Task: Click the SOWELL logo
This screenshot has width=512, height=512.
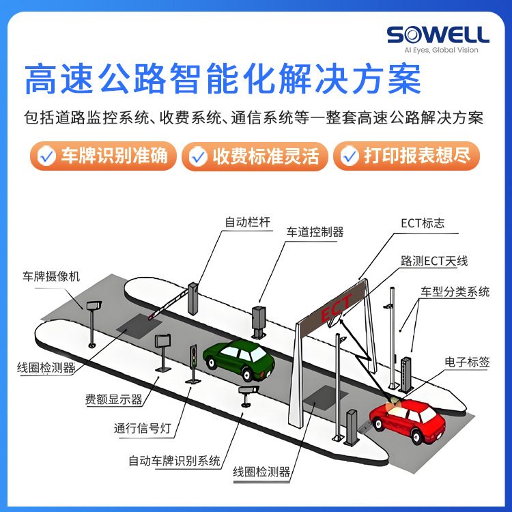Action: (438, 34)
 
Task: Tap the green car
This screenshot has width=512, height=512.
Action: (240, 360)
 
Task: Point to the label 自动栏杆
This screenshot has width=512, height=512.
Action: (248, 222)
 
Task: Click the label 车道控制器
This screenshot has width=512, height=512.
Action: (315, 232)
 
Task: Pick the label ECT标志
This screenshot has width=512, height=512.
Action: (423, 223)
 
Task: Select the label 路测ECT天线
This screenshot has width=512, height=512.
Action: (434, 261)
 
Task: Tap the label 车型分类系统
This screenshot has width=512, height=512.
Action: (455, 291)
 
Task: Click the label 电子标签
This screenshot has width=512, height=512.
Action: (467, 362)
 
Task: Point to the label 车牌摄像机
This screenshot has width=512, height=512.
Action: (51, 276)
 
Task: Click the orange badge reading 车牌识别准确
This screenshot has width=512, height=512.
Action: (103, 156)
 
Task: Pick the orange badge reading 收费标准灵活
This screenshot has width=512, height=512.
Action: (255, 156)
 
